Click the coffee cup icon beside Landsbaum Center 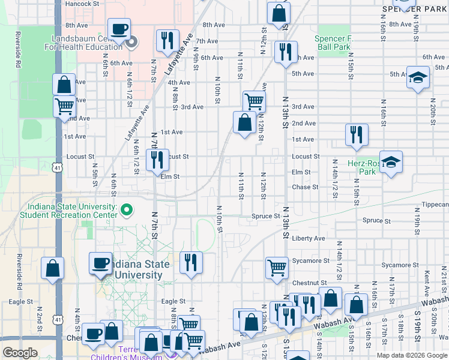(x=118, y=28)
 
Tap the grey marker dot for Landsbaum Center (x=133, y=41)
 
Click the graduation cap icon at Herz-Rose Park (x=390, y=161)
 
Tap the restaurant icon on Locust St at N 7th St (x=157, y=159)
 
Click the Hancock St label (x=82, y=4)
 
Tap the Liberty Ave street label (x=308, y=238)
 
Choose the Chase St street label (x=306, y=187)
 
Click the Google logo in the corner (x=20, y=352)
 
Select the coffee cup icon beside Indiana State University (x=100, y=262)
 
